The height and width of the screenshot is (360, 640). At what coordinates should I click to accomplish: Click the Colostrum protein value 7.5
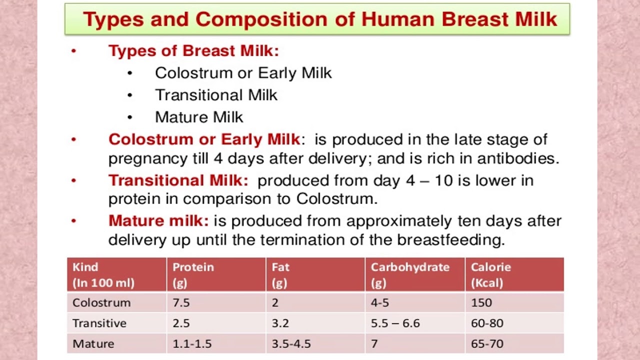click(x=181, y=302)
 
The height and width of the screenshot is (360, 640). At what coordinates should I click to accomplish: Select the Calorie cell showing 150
click(x=481, y=302)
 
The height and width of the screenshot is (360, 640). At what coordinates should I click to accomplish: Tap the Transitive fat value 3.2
click(x=280, y=323)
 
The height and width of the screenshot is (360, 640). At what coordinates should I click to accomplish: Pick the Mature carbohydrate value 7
click(x=374, y=343)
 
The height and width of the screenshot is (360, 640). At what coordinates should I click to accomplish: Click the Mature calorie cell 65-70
click(x=486, y=343)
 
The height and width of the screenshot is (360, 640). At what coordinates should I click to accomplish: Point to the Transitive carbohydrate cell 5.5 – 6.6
click(x=395, y=323)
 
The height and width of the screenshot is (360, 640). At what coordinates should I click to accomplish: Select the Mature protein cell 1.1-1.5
click(x=192, y=343)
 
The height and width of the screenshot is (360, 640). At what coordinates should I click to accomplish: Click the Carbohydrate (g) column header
click(x=410, y=274)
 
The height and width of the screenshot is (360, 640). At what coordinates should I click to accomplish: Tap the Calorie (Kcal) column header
click(x=490, y=274)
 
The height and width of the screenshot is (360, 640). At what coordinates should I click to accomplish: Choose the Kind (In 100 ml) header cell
click(x=103, y=274)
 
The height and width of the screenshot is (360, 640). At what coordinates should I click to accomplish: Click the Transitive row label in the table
click(x=99, y=323)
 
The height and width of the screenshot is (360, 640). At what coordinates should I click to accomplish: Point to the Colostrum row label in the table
click(x=101, y=302)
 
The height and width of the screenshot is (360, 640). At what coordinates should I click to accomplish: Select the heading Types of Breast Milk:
click(x=193, y=50)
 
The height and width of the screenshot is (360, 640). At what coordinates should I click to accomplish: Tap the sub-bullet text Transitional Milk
click(x=216, y=95)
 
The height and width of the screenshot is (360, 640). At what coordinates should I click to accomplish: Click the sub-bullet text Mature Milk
click(x=199, y=117)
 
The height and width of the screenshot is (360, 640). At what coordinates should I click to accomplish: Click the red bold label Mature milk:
click(x=158, y=220)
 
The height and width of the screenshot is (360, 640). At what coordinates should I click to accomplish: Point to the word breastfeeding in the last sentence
click(x=450, y=240)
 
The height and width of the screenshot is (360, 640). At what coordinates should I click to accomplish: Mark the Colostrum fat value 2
click(x=275, y=302)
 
